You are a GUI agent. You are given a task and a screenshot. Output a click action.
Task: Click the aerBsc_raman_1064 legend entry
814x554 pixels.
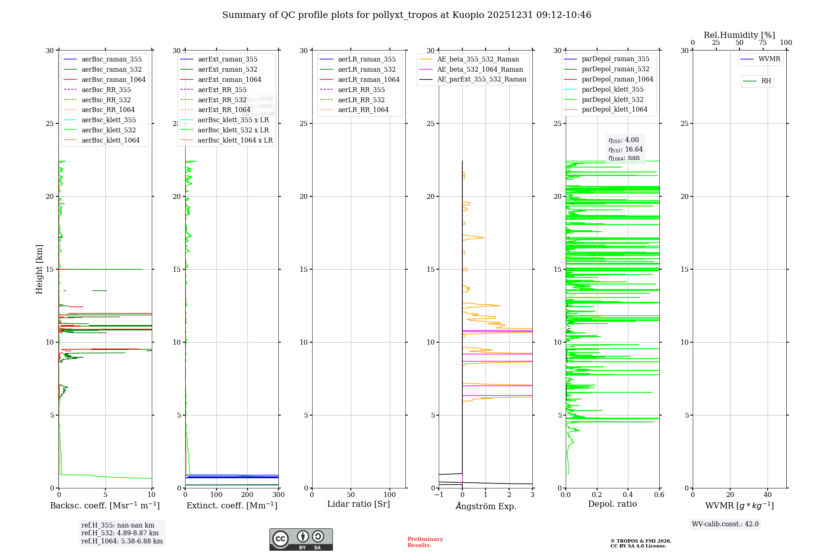point(113,79)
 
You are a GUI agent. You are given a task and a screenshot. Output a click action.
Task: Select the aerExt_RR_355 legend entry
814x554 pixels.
point(222,90)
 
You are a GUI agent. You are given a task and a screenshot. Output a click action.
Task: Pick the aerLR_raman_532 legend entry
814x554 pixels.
point(366,69)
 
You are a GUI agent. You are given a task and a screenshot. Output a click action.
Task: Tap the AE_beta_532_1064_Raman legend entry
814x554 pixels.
point(480,69)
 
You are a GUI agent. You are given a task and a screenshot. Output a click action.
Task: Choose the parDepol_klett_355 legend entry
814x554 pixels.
point(612,89)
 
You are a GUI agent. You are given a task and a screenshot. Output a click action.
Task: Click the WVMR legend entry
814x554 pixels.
point(769,59)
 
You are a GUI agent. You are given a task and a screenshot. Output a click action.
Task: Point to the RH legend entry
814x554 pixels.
point(766,81)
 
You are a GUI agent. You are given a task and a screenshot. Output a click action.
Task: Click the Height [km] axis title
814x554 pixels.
point(39,269)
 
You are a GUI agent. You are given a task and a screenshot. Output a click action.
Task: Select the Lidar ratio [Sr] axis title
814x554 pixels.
point(359,504)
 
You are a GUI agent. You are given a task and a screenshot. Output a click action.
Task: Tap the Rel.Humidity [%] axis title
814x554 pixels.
point(739,35)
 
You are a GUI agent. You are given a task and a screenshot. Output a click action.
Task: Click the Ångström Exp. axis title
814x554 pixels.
point(486,506)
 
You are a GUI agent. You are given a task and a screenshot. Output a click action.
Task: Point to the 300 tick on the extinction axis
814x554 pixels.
point(278,495)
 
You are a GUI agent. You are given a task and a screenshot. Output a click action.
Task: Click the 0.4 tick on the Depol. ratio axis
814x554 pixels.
point(628,495)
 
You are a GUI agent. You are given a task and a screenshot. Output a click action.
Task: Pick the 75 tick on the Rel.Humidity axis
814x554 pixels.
point(763,43)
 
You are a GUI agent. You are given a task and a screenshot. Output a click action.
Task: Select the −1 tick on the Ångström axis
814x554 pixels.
point(439,495)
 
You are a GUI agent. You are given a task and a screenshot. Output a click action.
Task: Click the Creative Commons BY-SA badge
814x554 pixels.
point(301,539)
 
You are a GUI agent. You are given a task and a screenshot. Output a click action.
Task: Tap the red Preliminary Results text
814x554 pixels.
point(425,542)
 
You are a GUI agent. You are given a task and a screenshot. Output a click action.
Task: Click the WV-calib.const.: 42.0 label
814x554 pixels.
point(725,524)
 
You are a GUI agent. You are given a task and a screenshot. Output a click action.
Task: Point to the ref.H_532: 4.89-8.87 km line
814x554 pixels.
point(120,533)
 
